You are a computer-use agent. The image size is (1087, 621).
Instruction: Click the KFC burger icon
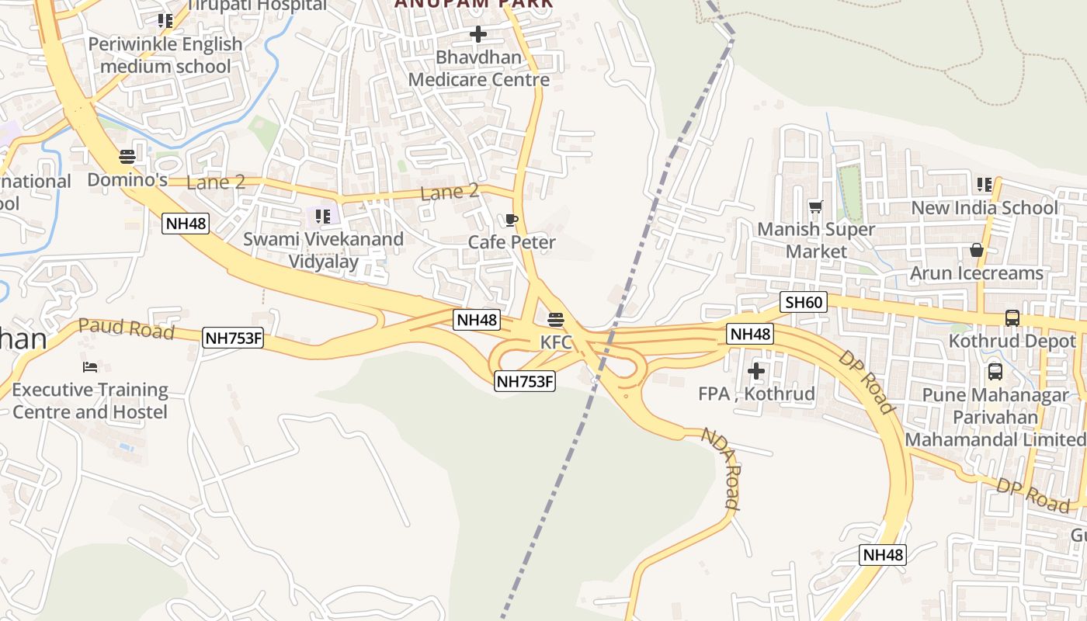point(555,320)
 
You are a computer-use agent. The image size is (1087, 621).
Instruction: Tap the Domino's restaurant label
point(127,180)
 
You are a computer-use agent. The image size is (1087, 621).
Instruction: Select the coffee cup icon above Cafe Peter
point(511,220)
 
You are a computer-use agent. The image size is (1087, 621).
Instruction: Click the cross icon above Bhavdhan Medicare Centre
point(478,34)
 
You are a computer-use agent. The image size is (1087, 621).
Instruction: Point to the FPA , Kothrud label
point(756,394)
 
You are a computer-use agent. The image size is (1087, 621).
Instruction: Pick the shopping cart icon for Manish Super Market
point(815,206)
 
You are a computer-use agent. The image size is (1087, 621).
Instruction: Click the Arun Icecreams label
point(976,273)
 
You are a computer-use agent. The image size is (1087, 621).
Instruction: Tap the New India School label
point(984,207)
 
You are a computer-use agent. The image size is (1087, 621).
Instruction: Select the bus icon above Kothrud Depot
point(1012,317)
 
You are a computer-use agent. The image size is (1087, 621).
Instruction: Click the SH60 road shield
point(804,302)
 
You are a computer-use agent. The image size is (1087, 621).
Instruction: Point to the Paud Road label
point(126,328)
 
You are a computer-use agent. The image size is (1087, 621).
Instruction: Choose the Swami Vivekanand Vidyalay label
point(323,250)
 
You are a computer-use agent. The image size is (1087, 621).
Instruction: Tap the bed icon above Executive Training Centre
point(90,366)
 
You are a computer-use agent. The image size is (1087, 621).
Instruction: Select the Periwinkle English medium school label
point(165,55)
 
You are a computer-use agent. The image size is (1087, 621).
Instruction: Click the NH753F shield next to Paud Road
point(233,338)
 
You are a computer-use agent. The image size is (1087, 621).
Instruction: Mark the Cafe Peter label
point(512,242)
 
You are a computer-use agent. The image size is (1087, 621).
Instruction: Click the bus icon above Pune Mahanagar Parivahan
point(995,372)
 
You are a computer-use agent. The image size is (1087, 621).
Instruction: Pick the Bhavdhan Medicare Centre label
point(478,68)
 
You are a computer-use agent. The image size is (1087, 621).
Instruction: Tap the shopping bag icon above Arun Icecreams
point(977,250)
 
